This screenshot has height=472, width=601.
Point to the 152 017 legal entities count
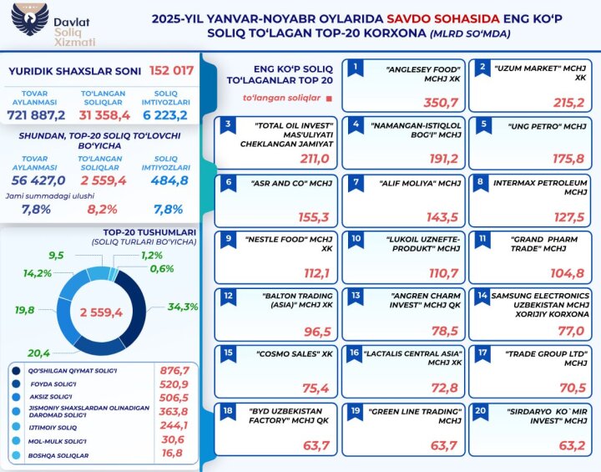171,70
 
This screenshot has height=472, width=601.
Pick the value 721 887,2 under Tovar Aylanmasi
36,112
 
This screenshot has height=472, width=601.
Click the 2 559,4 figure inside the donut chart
101,312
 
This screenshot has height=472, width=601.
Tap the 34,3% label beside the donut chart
182,307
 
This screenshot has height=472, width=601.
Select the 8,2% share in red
103,209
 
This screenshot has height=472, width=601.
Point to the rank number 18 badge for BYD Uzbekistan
227,410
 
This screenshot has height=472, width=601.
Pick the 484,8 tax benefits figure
170,180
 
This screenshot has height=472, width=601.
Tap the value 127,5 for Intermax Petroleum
570,216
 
